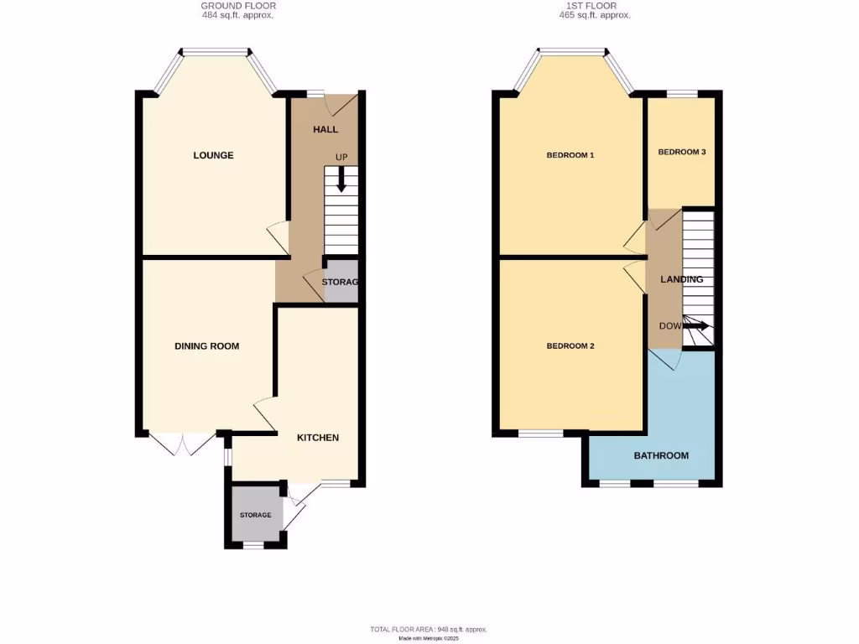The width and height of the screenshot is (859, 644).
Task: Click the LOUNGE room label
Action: (213, 155)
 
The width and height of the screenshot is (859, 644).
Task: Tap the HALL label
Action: (325, 130)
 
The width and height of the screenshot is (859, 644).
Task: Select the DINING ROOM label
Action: (207, 346)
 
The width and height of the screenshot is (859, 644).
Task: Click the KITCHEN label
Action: (318, 438)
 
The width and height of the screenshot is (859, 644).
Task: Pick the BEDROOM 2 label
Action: (570, 346)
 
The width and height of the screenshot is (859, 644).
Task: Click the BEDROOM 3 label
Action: (681, 152)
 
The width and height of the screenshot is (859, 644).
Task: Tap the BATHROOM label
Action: (661, 455)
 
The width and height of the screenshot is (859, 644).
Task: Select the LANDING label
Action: (681, 279)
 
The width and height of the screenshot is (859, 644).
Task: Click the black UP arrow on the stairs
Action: (341, 179)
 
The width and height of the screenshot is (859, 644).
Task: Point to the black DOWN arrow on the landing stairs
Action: (696, 325)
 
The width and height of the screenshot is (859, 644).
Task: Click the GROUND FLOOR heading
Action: (237, 6)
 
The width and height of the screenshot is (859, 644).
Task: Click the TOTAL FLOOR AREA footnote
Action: (428, 629)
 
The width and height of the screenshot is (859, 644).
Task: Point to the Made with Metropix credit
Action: (428, 638)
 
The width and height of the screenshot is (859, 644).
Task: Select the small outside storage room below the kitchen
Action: (255, 515)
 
